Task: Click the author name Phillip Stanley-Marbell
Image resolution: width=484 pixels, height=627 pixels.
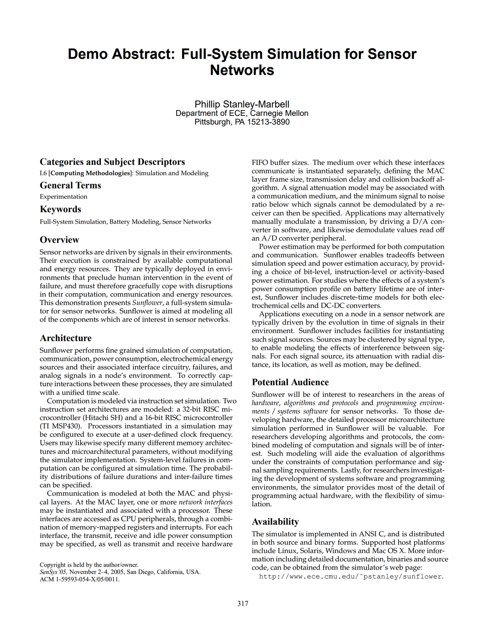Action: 242,104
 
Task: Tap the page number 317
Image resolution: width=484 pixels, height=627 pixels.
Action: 242,604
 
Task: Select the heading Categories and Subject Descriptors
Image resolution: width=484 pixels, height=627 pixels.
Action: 112,162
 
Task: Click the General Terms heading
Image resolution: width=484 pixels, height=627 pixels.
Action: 70,185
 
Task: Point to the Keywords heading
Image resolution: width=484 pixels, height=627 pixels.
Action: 60,209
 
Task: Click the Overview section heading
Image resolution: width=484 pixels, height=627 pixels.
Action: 59,240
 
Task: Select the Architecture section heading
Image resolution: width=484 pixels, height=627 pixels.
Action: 65,338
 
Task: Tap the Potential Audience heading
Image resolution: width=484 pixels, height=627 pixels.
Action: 290,382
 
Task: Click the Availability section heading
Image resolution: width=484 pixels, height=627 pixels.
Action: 275,522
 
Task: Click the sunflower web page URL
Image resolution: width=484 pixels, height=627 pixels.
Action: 351,576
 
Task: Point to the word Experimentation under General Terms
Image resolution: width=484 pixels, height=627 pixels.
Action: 64,197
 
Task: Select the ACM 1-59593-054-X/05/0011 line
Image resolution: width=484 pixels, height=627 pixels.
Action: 80,579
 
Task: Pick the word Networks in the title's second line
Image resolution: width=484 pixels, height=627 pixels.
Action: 242,70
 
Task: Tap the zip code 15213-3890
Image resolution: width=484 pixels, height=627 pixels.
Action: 268,122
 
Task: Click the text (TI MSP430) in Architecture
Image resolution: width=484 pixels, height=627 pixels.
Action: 61,426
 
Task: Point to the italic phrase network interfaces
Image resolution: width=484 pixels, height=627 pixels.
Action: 205,502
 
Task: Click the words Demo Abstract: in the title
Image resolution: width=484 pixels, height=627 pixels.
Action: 121,54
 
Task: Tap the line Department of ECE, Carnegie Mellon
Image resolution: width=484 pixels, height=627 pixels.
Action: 242,113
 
